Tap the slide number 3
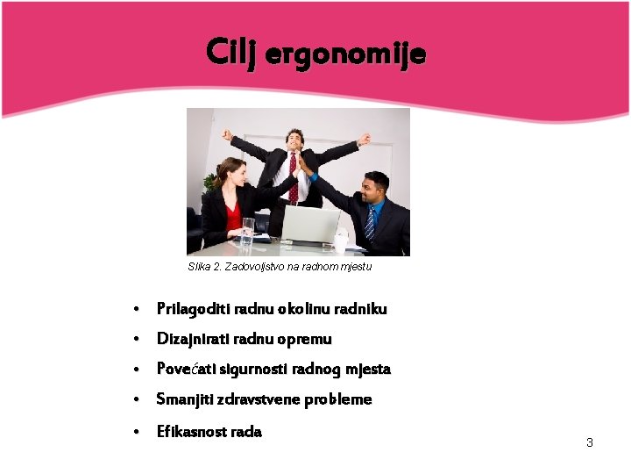pyautogui.click(x=590, y=442)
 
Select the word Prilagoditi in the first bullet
pyautogui.click(x=188, y=308)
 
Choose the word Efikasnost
pyautogui.click(x=189, y=431)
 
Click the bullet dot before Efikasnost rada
pyautogui.click(x=137, y=432)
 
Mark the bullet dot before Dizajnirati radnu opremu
pyautogui.click(x=137, y=340)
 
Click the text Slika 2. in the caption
pyautogui.click(x=204, y=266)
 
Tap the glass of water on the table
pyautogui.click(x=248, y=232)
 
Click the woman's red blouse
pyautogui.click(x=232, y=214)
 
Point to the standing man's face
pyautogui.click(x=295, y=140)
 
